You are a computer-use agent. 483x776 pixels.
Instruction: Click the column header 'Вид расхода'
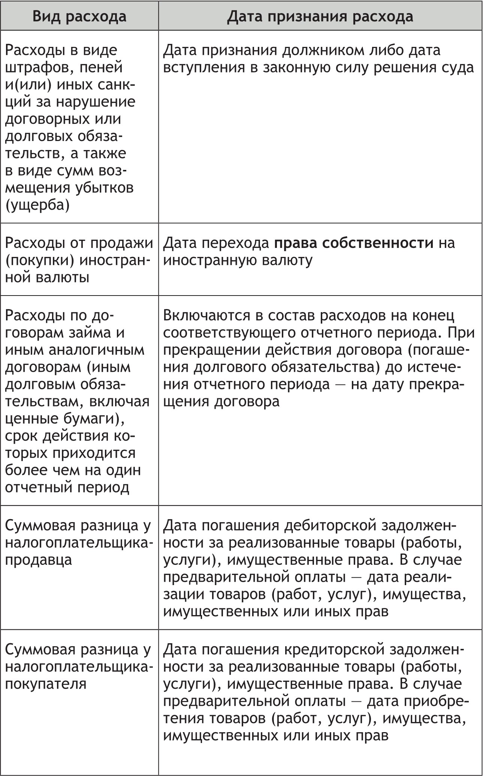pyautogui.click(x=79, y=17)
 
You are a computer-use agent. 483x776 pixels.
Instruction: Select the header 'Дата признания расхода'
pyautogui.click(x=320, y=17)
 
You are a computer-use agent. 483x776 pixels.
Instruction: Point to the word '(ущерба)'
pyautogui.click(x=37, y=206)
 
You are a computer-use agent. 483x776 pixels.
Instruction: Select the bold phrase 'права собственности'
pyautogui.click(x=353, y=243)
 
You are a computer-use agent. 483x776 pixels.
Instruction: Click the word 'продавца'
pyautogui.click(x=38, y=560)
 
